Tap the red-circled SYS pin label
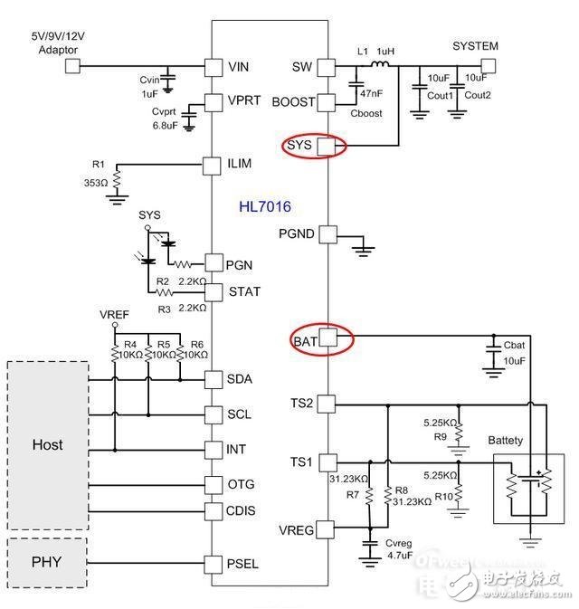[299, 145]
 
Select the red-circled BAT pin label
[304, 340]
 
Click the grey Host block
[48, 444]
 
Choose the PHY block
[47, 561]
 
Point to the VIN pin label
[239, 67]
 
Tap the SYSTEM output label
[475, 46]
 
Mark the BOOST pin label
[293, 101]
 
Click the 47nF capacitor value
[369, 93]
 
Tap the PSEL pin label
[243, 564]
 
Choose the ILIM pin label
[241, 165]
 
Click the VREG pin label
[296, 529]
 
